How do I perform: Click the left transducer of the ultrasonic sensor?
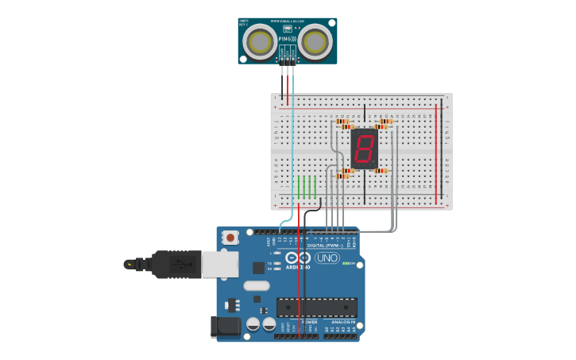point(260,42)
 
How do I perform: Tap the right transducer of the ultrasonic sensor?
point(315,42)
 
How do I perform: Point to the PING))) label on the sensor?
point(287,38)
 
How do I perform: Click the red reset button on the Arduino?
point(230,237)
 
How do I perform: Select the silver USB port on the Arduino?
point(220,264)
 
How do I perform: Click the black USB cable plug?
point(176,264)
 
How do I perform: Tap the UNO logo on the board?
point(327,257)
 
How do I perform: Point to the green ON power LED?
point(346,263)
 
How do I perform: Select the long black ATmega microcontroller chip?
point(316,307)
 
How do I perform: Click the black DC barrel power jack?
point(225,327)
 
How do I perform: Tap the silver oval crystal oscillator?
point(257,285)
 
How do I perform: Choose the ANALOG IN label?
point(343,322)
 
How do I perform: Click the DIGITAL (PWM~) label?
point(327,246)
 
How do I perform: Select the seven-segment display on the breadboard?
point(364,148)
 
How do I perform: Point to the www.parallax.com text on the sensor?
point(287,21)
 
